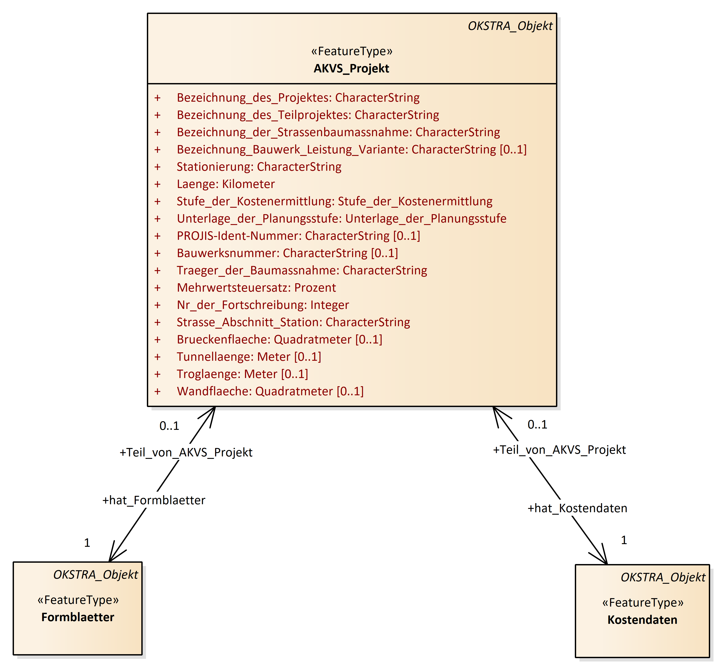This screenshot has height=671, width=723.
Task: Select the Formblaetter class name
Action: [x=78, y=617]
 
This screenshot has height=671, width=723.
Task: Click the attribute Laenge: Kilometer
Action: [x=225, y=184]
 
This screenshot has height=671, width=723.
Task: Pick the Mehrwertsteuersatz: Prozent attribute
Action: [x=256, y=288]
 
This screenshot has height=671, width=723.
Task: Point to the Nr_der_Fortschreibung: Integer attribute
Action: [x=262, y=305]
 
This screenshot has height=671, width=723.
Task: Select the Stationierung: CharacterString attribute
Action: [x=259, y=167]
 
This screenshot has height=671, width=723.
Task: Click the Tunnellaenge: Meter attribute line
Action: [x=249, y=357]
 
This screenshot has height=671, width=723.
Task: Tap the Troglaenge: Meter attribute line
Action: [x=242, y=374]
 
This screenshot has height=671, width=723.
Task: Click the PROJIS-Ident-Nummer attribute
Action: [x=298, y=236]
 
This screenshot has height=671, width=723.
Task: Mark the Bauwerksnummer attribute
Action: [x=287, y=253]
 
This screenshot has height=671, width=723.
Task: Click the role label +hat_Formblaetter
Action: [x=154, y=500]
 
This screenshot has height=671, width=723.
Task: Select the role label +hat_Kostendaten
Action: [x=577, y=508]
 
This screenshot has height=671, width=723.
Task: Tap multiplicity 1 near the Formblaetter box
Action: [x=87, y=543]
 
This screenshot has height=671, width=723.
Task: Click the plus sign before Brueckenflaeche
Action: [x=157, y=339]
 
